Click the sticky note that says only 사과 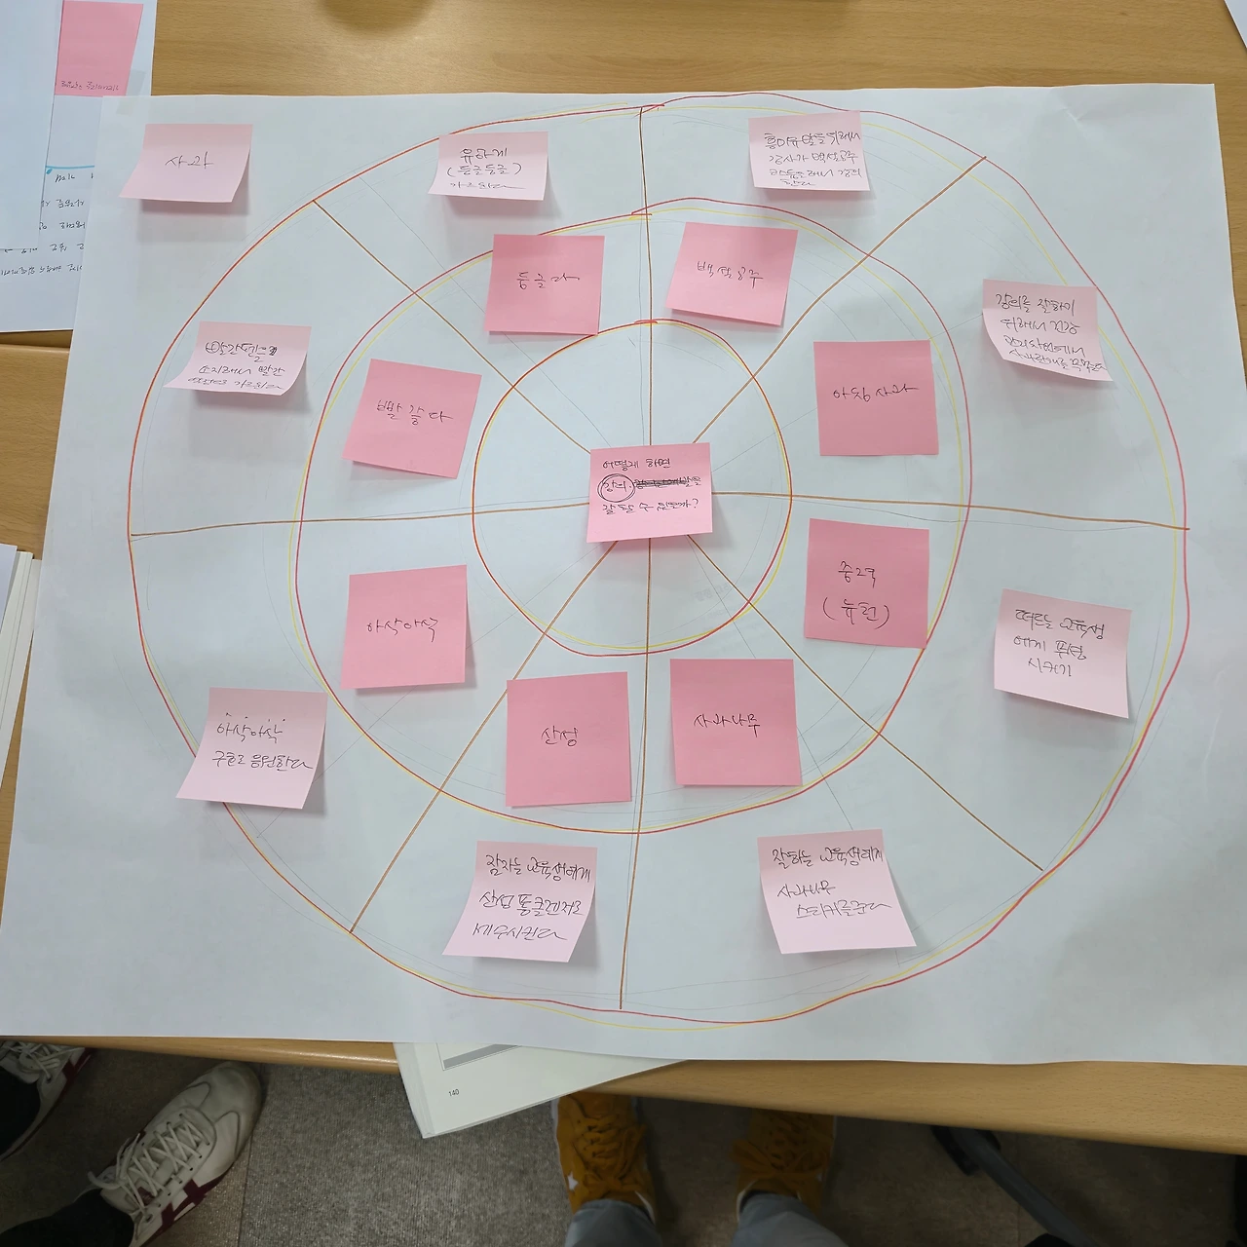[185, 162]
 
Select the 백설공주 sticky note [731, 273]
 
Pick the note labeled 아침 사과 [875, 397]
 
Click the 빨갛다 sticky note [411, 418]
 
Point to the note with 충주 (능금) [866, 583]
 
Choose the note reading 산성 [567, 737]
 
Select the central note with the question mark [649, 492]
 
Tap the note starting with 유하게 [489, 165]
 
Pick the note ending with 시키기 [1062, 659]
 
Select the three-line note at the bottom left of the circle [521, 900]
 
